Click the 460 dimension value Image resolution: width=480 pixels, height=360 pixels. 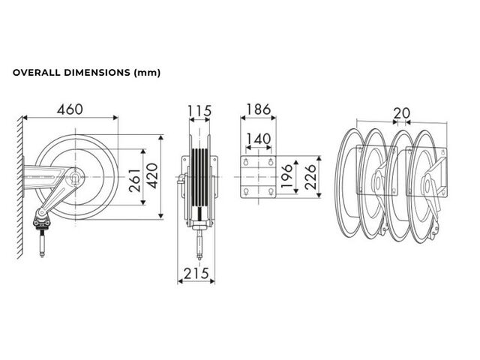tap(70, 109)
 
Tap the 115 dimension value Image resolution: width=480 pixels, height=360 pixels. tap(199, 111)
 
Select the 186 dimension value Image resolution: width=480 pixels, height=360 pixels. tap(259, 109)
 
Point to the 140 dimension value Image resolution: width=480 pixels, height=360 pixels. tap(259, 139)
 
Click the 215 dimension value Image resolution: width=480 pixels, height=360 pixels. tap(196, 273)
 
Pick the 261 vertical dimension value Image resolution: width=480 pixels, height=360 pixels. tap(135, 181)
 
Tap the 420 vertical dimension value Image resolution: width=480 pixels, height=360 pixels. tap(152, 175)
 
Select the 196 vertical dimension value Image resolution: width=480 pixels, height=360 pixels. tap(286, 176)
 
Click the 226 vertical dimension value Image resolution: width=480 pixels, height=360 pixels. tap(310, 177)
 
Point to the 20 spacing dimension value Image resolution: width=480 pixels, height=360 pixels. tap(402, 113)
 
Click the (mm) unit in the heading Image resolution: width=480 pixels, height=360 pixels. tap(147, 73)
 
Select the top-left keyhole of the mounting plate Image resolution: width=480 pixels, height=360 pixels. tap(246, 162)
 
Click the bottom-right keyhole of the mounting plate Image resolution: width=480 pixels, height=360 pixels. tap(271, 192)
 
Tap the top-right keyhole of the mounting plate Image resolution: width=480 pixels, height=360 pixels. tap(271, 162)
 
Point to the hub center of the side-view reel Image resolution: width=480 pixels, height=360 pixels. tap(75, 177)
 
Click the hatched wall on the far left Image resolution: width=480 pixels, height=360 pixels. tap(20, 187)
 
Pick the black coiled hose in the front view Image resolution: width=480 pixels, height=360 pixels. tap(200, 178)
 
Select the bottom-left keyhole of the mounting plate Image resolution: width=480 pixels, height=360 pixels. tap(246, 192)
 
